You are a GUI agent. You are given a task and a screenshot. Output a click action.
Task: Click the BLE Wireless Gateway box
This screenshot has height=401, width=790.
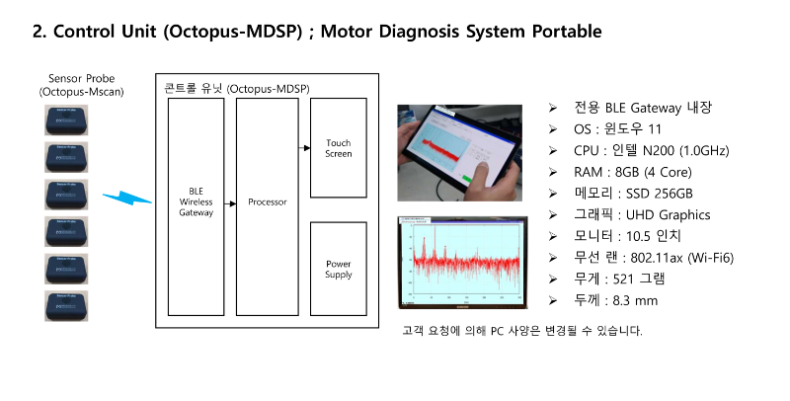pyautogui.click(x=196, y=202)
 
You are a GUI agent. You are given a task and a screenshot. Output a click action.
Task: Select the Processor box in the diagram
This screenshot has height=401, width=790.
pyautogui.click(x=267, y=202)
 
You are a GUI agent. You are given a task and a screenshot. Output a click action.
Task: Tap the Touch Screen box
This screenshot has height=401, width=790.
pyautogui.click(x=339, y=148)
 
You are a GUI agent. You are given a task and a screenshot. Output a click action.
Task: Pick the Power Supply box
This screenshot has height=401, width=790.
pyautogui.click(x=339, y=269)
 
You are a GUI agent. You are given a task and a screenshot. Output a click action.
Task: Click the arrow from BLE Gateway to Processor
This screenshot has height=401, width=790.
pyautogui.click(x=230, y=203)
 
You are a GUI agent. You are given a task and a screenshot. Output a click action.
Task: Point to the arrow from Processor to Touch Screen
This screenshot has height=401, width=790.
pyautogui.click(x=304, y=148)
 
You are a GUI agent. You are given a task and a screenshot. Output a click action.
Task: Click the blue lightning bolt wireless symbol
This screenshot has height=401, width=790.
pyautogui.click(x=129, y=197)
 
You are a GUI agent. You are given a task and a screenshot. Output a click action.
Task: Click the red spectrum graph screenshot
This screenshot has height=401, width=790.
pyautogui.click(x=459, y=260)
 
